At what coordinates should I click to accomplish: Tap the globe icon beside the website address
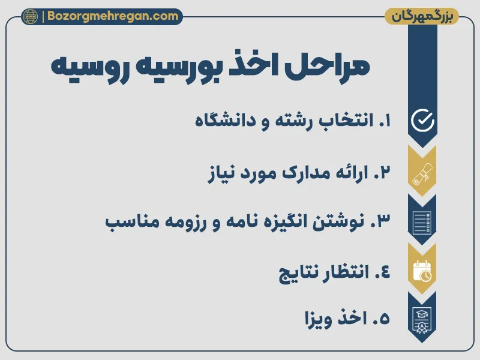(29, 16)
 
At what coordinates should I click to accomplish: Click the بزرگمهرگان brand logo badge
(422, 16)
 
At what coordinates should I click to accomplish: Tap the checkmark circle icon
(422, 121)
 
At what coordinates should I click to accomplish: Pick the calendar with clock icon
(422, 271)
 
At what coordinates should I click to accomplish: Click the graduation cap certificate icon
(422, 319)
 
